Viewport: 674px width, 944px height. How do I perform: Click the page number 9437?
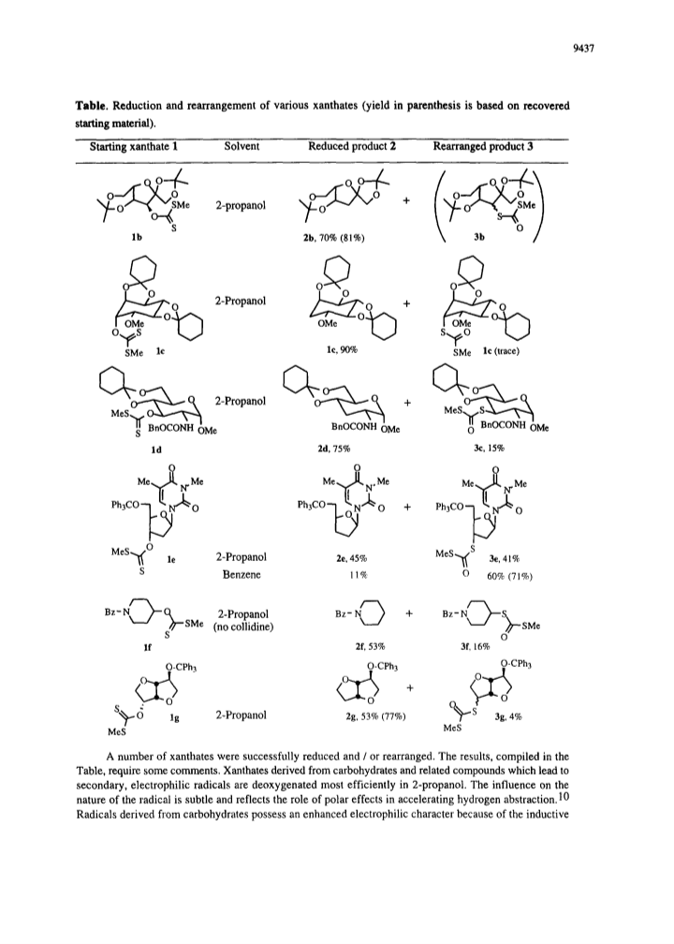tap(583, 50)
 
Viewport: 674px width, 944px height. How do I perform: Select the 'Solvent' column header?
tap(242, 146)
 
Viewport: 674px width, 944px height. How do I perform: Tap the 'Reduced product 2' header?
tap(351, 146)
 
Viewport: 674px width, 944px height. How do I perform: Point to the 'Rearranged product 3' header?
tap(483, 146)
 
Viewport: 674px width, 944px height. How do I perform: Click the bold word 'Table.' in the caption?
tap(91, 106)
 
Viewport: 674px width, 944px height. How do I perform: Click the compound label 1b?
tap(137, 238)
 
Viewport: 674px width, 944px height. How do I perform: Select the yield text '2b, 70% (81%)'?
tap(332, 238)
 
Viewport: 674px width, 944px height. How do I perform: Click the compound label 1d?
tap(156, 449)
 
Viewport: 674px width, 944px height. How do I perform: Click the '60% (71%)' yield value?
tap(510, 576)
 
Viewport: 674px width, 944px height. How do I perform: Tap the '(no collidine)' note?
tap(243, 627)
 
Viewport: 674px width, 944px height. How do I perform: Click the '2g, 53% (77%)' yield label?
tap(371, 716)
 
